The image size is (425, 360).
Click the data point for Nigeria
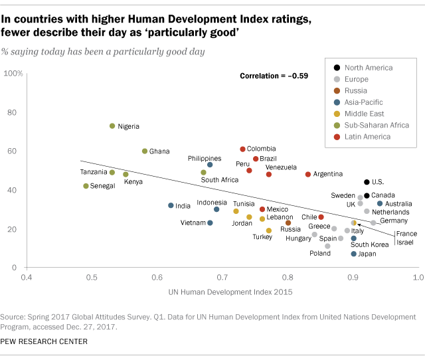click(x=112, y=126)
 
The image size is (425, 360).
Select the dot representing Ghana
click(x=145, y=151)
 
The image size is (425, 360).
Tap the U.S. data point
click(x=367, y=182)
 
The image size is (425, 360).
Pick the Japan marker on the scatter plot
click(x=354, y=254)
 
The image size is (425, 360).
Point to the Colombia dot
click(x=242, y=149)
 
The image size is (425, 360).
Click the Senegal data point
click(x=86, y=186)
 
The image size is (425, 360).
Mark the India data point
click(x=171, y=205)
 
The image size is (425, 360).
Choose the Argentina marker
click(x=308, y=174)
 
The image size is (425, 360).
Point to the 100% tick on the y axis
click(x=13, y=73)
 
